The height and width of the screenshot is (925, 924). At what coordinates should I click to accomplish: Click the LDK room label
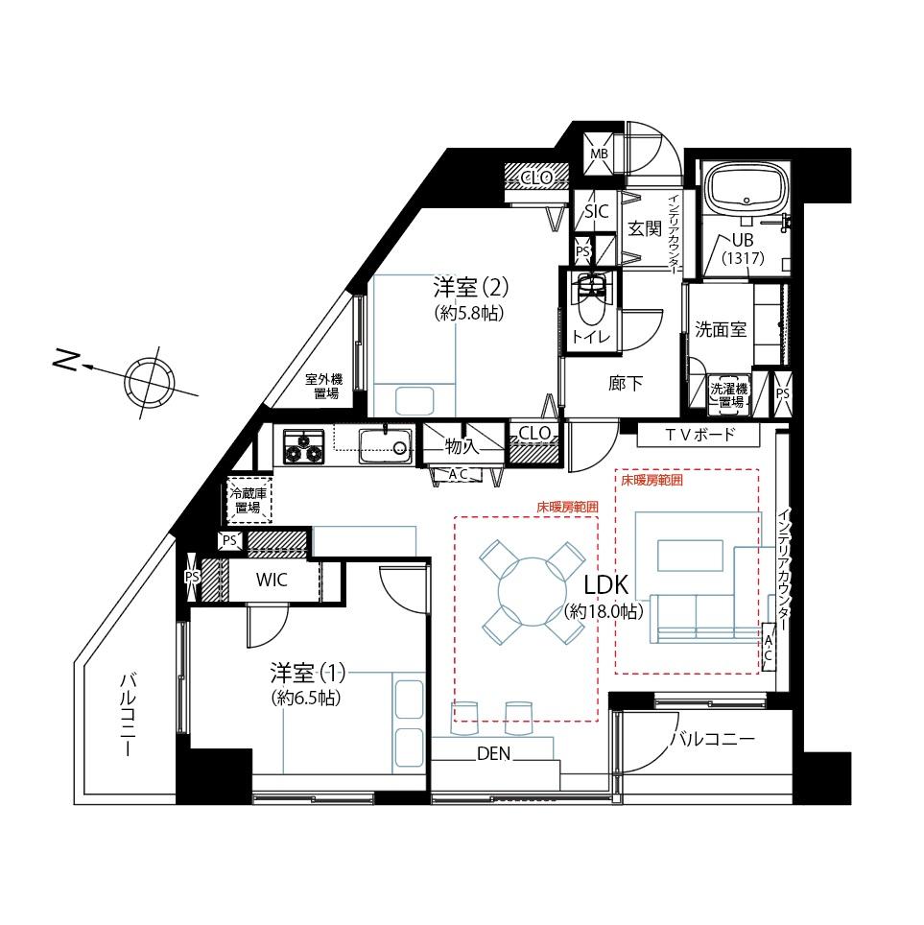606,585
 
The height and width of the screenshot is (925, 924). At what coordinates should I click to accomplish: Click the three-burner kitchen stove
304,446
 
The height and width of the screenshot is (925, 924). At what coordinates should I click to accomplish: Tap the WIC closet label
272,580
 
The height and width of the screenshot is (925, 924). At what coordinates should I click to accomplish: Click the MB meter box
599,154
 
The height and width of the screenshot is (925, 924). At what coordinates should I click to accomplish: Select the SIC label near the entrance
597,211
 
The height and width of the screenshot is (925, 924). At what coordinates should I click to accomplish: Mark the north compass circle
148,381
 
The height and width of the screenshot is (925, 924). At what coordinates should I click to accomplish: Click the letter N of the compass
66,360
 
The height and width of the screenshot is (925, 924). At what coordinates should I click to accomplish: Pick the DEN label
493,753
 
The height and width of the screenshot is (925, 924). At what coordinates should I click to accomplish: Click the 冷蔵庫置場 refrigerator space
249,500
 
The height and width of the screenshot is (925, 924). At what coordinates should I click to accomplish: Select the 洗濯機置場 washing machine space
728,395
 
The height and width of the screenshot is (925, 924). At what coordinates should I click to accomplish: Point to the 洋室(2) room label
471,288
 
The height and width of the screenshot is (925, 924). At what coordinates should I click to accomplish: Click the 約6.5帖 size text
306,698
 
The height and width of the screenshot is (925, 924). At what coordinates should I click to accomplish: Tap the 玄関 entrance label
645,228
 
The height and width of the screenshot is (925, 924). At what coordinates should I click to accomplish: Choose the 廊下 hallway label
626,384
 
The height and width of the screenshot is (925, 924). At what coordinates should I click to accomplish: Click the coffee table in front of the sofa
690,556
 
